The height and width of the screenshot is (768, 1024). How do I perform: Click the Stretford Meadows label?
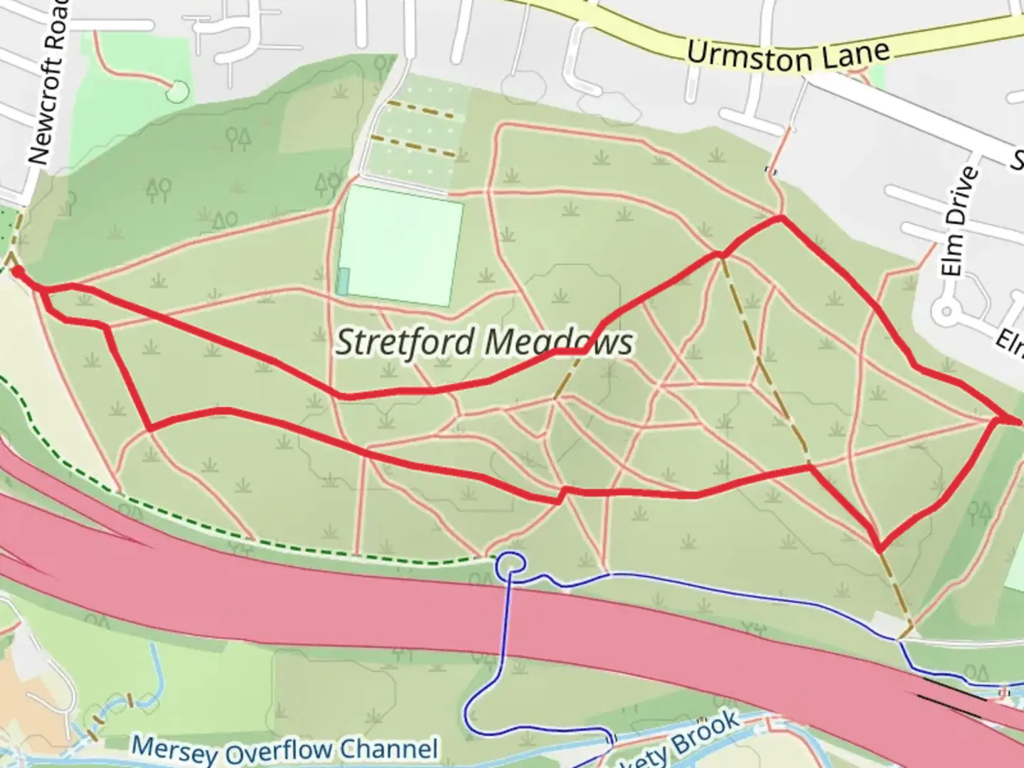click(x=484, y=342)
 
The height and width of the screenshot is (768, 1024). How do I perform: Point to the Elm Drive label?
click(x=956, y=221)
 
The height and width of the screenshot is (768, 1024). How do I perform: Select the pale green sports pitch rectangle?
click(x=400, y=245)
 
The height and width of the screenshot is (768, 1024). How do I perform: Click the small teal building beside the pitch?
click(x=343, y=282)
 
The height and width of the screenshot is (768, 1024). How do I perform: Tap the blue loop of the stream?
click(x=511, y=564)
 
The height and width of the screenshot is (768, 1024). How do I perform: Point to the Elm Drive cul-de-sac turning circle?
click(x=946, y=311)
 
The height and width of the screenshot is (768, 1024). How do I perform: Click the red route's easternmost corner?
click(x=1018, y=421)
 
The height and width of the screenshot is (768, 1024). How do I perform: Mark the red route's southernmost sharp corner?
click(x=880, y=549)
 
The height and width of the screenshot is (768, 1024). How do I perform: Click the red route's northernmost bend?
click(x=781, y=218)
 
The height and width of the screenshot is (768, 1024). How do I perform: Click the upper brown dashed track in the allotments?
click(x=420, y=110)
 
